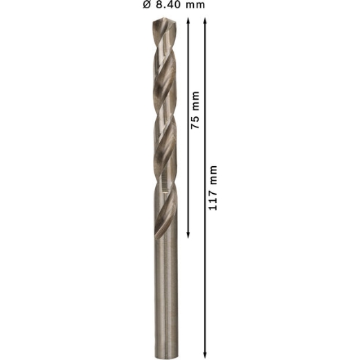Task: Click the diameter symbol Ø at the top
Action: [x=147, y=4]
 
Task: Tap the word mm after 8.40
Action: [x=195, y=5]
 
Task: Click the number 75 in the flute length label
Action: [x=195, y=122]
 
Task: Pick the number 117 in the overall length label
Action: [x=213, y=201]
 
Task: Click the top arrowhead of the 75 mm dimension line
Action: [x=188, y=21]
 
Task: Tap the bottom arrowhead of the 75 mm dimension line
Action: [x=188, y=235]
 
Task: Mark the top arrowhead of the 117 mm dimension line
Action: [x=205, y=21]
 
